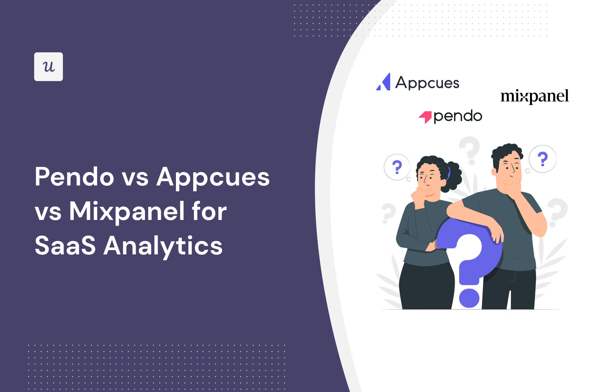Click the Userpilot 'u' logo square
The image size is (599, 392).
click(49, 67)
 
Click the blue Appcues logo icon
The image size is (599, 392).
click(383, 82)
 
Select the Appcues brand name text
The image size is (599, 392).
click(427, 83)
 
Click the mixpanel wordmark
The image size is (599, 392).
click(535, 96)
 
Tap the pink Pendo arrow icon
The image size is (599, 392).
click(425, 117)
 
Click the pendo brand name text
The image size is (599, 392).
click(458, 116)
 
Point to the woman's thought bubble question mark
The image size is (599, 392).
click(397, 167)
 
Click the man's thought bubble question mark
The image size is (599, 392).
click(542, 159)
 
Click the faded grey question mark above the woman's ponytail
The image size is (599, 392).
click(470, 150)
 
